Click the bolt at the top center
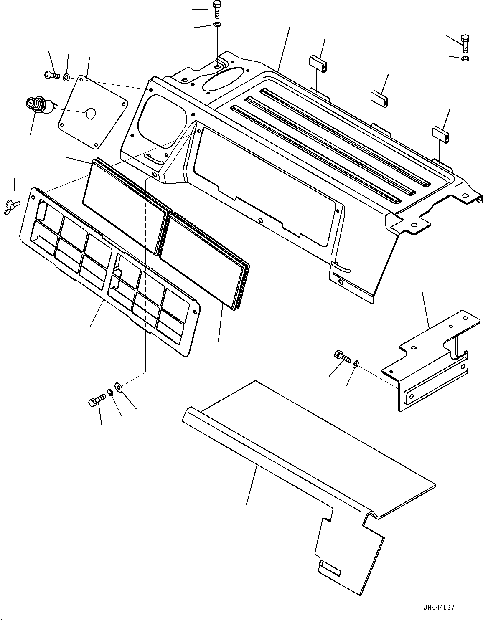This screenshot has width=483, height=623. click(x=216, y=8)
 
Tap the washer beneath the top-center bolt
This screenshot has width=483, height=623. click(x=217, y=25)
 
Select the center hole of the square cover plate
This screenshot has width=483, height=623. click(x=90, y=111)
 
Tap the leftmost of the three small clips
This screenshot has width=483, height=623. click(x=318, y=63)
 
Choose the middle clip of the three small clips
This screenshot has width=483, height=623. click(x=380, y=97)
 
